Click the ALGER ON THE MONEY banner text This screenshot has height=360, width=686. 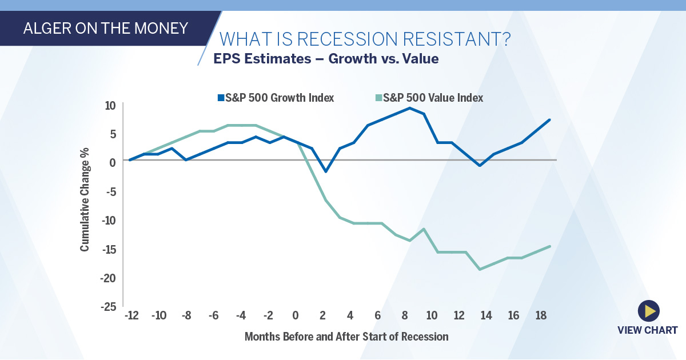click(106, 28)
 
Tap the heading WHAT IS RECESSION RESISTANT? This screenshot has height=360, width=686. click(365, 40)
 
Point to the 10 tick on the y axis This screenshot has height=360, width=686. click(110, 105)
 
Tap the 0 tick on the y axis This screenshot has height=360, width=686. click(112, 162)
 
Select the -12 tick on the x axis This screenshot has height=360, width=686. click(131, 316)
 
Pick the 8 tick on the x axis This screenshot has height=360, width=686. click(405, 316)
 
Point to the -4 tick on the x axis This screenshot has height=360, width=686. click(241, 316)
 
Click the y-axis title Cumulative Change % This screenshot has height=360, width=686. click(85, 205)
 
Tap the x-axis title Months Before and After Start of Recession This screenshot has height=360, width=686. click(346, 337)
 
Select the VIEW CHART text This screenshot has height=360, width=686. click(647, 330)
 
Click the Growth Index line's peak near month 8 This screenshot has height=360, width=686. click(410, 108)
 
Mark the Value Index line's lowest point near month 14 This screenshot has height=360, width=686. click(479, 269)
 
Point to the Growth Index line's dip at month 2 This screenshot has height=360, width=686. click(325, 171)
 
